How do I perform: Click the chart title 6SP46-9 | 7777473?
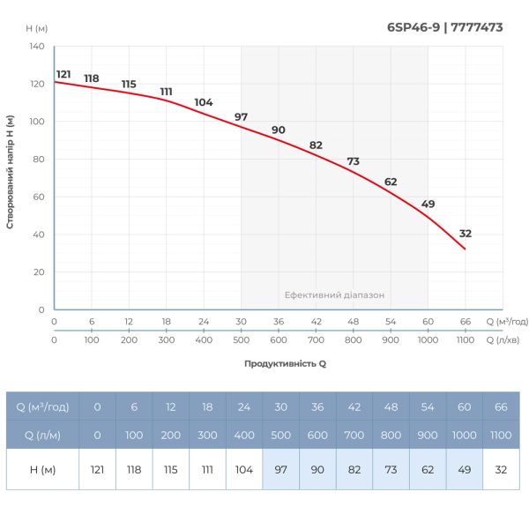point(445,27)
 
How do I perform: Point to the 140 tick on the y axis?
point(36,46)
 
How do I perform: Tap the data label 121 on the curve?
point(63,74)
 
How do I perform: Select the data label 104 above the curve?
point(204,102)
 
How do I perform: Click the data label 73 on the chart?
point(354,161)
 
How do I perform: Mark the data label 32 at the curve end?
point(466,234)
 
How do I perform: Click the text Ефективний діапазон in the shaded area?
point(334,295)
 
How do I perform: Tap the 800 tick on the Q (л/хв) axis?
point(353,340)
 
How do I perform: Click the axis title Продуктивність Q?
point(285,363)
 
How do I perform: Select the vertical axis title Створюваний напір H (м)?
point(10,172)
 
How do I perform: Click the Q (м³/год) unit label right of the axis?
point(508,322)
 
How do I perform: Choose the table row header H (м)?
point(42,469)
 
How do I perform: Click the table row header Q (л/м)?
point(42,435)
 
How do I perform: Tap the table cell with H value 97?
point(280,469)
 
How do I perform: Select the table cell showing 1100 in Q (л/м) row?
point(501,435)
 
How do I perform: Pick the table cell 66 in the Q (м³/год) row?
point(501,406)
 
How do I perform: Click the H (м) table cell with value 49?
point(464,469)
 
